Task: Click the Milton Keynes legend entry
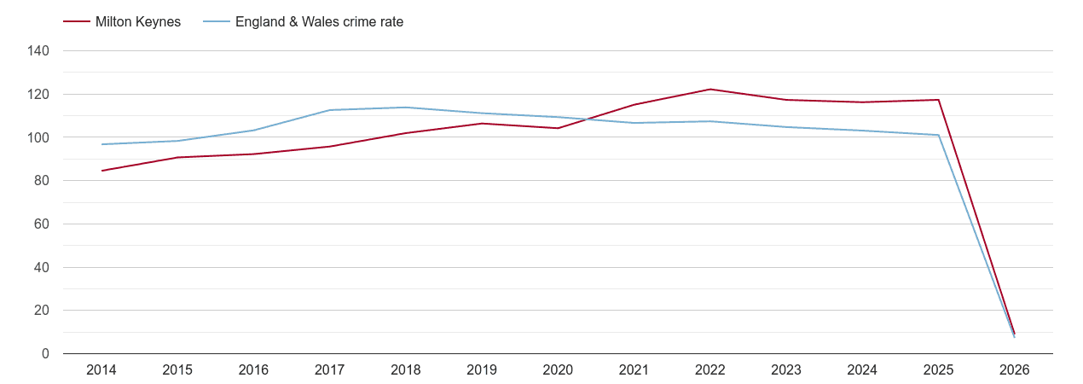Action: [137, 22]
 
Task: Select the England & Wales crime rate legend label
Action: [319, 22]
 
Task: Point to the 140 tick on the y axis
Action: [39, 51]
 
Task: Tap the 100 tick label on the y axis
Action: [39, 137]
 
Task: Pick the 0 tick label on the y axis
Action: [46, 354]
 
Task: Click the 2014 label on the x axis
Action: [101, 370]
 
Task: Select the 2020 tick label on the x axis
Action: [558, 370]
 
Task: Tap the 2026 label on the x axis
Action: [1014, 370]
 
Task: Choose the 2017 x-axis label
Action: [329, 370]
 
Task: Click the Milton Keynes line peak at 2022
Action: [709, 90]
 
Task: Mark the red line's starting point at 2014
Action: [101, 171]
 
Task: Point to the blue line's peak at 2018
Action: [406, 108]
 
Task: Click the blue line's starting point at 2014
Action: [101, 144]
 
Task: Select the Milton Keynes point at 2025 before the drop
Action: [938, 100]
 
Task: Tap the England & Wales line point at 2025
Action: [938, 135]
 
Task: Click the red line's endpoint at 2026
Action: [1014, 334]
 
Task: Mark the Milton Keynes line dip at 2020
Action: [558, 128]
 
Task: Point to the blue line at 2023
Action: [786, 127]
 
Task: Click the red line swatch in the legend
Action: [77, 22]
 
